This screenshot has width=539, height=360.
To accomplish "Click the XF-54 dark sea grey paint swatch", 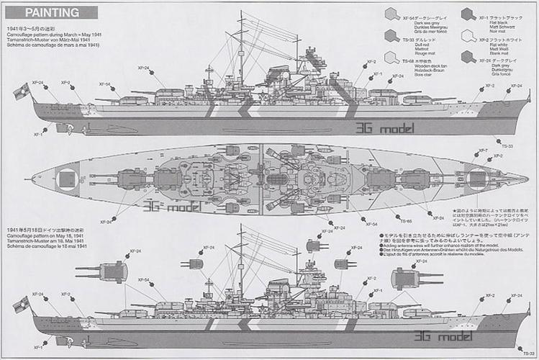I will click(x=391, y=14).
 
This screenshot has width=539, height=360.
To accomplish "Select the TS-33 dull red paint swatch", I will click(x=391, y=35).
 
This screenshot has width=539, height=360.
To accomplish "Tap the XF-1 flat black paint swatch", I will click(x=468, y=14).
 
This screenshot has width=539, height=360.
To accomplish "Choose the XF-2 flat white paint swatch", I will click(x=468, y=35).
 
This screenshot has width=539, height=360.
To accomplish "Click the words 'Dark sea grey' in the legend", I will click(x=420, y=22).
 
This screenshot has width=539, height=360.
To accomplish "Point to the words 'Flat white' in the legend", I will click(x=490, y=44).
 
